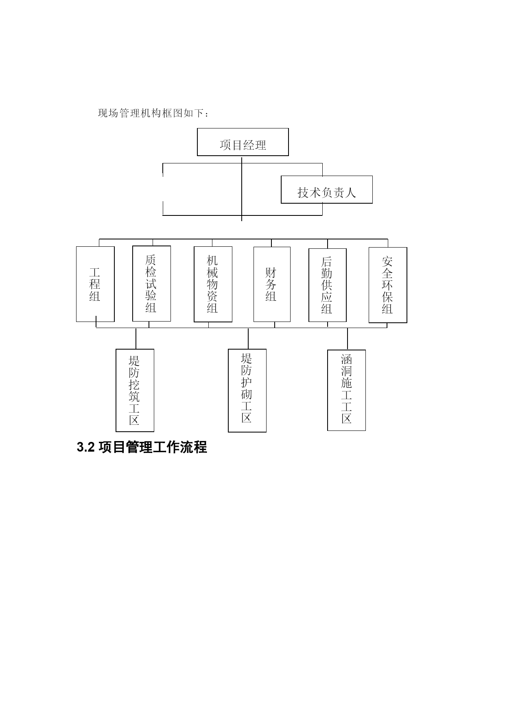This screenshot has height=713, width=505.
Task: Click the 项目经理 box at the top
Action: [243, 142]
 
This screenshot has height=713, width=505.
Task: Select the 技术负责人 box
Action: [327, 189]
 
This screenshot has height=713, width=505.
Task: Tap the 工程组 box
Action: [95, 284]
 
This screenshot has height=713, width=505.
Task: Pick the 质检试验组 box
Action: [151, 283]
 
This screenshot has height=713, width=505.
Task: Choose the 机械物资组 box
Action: [213, 284]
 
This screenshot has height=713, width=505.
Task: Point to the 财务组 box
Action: [272, 284]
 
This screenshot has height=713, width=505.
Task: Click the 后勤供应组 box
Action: [328, 285]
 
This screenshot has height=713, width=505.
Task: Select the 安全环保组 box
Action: [388, 285]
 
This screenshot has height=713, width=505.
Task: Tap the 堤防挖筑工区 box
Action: [135, 390]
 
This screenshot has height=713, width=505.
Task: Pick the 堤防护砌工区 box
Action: [247, 390]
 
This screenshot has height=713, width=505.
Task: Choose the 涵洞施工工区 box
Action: [346, 390]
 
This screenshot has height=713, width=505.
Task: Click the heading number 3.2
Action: [85, 448]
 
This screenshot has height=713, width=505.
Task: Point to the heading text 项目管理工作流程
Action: [153, 447]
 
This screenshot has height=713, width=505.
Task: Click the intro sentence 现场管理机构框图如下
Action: [151, 113]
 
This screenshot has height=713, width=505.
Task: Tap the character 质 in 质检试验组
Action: [151, 260]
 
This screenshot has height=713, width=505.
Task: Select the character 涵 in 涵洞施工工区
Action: [346, 359]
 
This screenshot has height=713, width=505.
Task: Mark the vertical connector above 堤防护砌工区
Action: [248, 339]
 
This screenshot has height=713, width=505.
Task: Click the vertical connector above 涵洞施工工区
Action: [348, 339]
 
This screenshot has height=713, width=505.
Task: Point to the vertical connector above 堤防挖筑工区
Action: [136, 339]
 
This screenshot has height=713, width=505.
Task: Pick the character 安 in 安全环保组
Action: [387, 261]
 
